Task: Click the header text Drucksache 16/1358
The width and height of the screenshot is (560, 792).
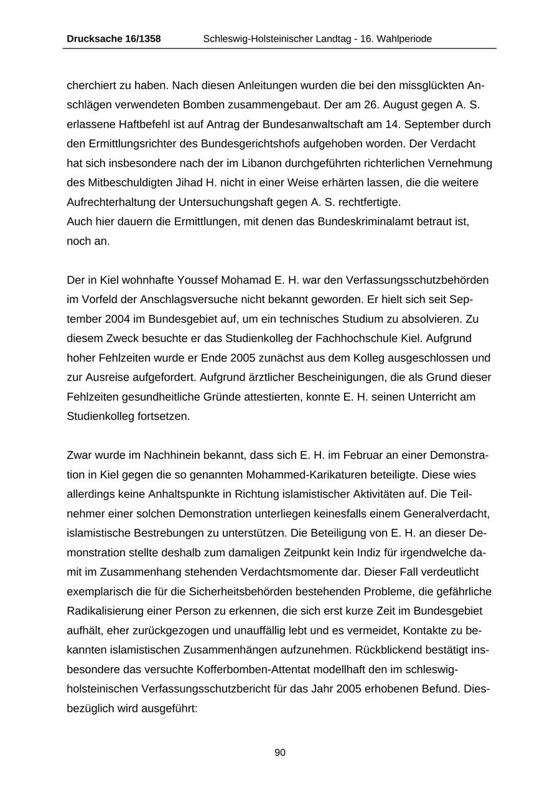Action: click(x=113, y=39)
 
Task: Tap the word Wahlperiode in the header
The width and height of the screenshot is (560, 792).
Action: click(x=404, y=39)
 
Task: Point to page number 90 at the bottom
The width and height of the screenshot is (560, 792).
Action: click(x=280, y=753)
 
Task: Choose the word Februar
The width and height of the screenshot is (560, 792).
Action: click(x=357, y=455)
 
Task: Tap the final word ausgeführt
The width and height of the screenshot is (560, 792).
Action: click(x=167, y=708)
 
